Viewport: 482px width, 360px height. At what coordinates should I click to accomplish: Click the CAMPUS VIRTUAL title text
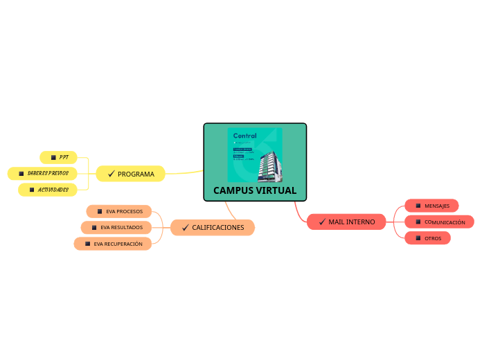254,190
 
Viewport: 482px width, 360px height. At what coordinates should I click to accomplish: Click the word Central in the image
244,136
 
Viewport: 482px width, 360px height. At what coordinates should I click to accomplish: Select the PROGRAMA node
131,174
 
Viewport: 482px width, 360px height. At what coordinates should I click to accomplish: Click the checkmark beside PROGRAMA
111,174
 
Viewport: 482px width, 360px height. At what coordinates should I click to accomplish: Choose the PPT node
59,157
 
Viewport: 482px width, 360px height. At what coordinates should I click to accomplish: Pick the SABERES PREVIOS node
43,173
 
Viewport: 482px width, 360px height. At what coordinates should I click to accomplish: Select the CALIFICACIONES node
213,227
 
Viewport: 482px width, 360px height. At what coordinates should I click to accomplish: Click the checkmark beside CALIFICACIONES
185,227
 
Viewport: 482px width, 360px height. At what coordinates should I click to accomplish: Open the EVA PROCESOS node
119,211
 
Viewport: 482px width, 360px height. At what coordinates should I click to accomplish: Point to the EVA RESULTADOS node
116,227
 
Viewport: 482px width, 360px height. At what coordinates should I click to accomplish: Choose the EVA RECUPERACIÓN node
113,244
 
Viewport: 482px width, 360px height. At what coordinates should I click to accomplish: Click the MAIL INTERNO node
346,222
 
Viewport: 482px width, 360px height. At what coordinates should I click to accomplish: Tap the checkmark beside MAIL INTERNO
322,222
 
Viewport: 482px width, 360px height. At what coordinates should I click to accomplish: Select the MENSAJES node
431,206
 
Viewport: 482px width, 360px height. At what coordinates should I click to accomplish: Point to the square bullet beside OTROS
418,238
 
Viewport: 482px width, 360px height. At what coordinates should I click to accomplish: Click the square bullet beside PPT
53,157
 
